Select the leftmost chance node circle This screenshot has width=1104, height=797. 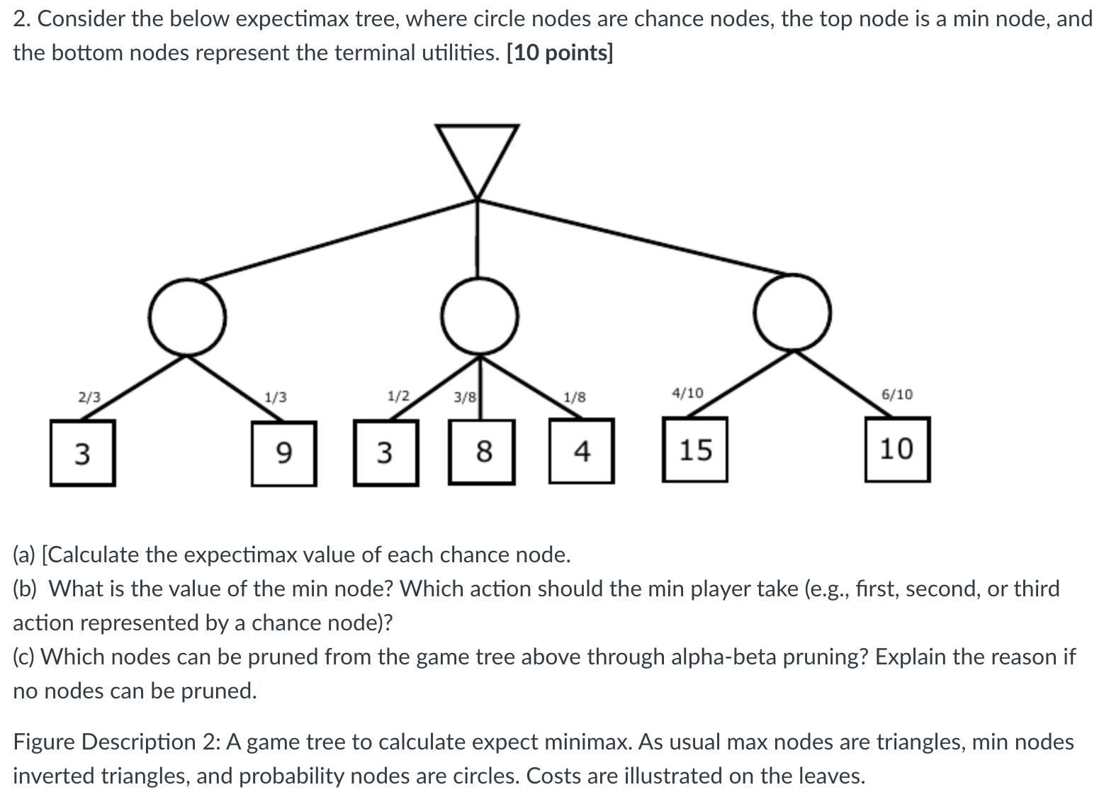point(188,317)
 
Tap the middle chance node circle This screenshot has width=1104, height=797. point(480,316)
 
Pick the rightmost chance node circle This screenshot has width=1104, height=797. point(792,312)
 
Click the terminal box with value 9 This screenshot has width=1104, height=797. point(283,453)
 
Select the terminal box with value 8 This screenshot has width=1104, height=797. point(482,452)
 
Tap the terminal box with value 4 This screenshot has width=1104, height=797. point(581,451)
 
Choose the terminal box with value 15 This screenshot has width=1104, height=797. point(694,450)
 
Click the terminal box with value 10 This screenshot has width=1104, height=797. point(896,450)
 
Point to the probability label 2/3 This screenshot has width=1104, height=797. point(89,397)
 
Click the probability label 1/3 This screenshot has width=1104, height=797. point(276,397)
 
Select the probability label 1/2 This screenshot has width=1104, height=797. point(398,395)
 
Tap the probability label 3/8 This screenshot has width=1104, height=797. point(465,397)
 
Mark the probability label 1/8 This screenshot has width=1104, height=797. point(574,397)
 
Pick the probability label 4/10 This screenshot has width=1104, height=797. point(687,393)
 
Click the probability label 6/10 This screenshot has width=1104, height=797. point(896,394)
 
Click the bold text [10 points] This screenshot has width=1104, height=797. point(560,53)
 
